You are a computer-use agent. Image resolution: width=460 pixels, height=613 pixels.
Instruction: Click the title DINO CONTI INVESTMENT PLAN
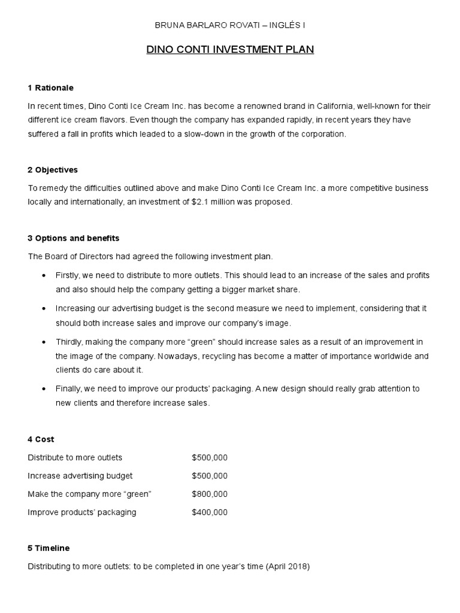click(x=230, y=50)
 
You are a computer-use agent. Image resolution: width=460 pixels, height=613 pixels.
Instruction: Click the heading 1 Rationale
click(x=50, y=88)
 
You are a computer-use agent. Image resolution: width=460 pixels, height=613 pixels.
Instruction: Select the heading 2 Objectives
click(x=53, y=170)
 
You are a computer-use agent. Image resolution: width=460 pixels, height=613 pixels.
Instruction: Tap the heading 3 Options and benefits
click(x=74, y=238)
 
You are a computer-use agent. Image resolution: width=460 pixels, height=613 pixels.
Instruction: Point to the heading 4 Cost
click(x=41, y=439)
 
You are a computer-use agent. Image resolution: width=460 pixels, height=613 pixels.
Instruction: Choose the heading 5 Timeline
click(x=49, y=548)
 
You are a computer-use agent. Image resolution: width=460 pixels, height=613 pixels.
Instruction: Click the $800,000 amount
click(x=210, y=494)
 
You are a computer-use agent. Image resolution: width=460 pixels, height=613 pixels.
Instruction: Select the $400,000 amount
click(x=210, y=512)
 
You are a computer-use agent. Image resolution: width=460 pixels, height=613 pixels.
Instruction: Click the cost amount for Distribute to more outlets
click(x=210, y=458)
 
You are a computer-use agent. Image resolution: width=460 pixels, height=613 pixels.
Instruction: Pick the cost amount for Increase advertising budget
click(x=210, y=476)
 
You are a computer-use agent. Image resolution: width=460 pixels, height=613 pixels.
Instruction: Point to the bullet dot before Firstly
click(x=45, y=275)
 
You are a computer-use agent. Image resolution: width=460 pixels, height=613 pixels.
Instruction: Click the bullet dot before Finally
click(x=45, y=389)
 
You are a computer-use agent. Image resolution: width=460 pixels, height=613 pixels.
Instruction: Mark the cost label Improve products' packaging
click(x=82, y=512)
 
